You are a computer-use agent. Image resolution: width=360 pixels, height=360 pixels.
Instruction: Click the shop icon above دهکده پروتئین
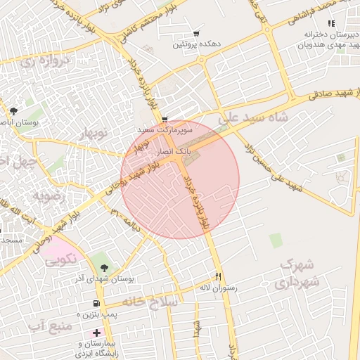pyautogui.click(x=195, y=34)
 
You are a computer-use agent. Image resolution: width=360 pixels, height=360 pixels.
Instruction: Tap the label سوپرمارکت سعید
pyautogui.click(x=164, y=131)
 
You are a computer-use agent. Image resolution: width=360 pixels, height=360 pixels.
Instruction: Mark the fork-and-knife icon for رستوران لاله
pyautogui.click(x=219, y=277)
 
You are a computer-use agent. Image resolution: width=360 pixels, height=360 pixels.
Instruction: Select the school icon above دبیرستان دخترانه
pyautogui.click(x=331, y=24)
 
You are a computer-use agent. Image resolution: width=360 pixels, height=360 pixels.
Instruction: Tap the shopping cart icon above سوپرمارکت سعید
pyautogui.click(x=165, y=120)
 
